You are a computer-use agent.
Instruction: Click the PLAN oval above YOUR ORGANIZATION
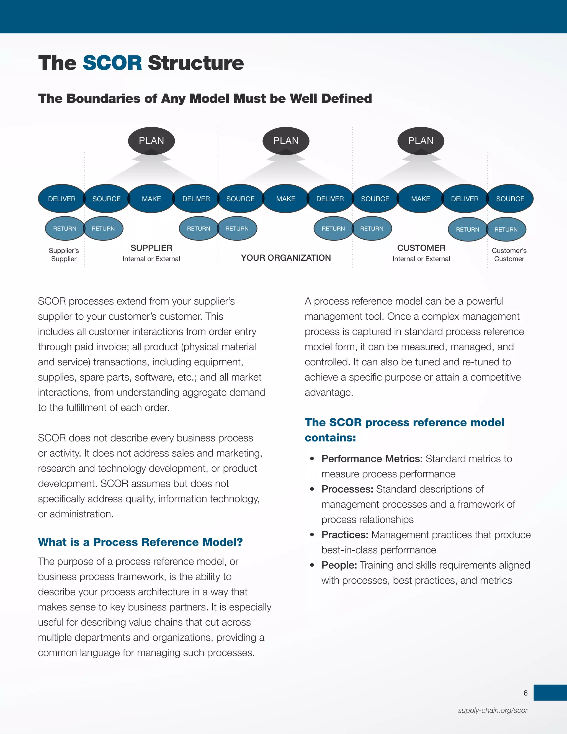pyautogui.click(x=286, y=140)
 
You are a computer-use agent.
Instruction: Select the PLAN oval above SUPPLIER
pyautogui.click(x=151, y=140)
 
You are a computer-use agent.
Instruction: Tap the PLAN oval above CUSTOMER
pyautogui.click(x=421, y=140)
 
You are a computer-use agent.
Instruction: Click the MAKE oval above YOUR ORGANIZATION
pyautogui.click(x=286, y=199)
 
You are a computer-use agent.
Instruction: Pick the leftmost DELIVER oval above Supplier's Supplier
pyautogui.click(x=61, y=199)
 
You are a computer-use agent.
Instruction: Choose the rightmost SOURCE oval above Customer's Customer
pyautogui.click(x=510, y=199)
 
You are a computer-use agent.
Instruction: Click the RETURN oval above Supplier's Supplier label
pyautogui.click(x=65, y=229)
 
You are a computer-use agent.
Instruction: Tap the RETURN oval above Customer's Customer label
pyautogui.click(x=506, y=230)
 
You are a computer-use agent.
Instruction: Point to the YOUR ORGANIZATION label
pyautogui.click(x=286, y=258)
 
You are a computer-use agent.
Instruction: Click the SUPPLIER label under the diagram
pyautogui.click(x=151, y=248)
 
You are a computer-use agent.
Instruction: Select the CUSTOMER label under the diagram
pyautogui.click(x=421, y=248)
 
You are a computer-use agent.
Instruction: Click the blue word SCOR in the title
pyautogui.click(x=112, y=63)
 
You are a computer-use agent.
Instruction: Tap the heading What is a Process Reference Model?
pyautogui.click(x=140, y=542)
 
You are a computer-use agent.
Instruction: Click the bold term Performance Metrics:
pyautogui.click(x=372, y=459)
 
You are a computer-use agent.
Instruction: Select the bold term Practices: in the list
pyautogui.click(x=345, y=535)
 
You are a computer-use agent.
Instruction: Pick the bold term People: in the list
pyautogui.click(x=339, y=565)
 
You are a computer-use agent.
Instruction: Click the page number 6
pyautogui.click(x=525, y=693)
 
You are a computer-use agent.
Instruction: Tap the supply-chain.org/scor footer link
pyautogui.click(x=493, y=710)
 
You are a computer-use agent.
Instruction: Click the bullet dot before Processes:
pyautogui.click(x=312, y=489)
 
